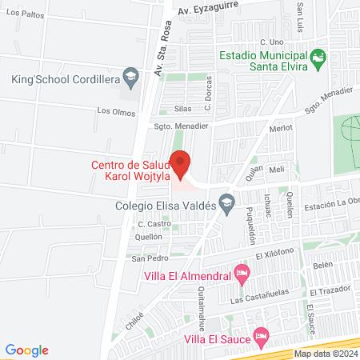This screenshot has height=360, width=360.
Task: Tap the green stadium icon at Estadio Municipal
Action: (x=318, y=57)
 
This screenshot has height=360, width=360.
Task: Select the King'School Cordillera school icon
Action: (x=128, y=78)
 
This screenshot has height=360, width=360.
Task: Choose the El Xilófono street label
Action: (x=276, y=253)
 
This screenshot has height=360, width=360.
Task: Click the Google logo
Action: (x=27, y=350)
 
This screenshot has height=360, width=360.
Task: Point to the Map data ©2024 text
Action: (x=325, y=354)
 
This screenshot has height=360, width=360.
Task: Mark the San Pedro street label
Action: (x=149, y=258)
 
